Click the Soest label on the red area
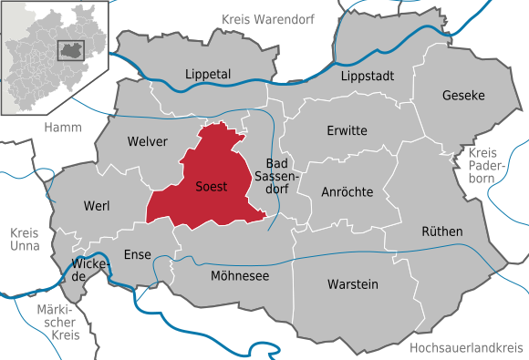point(212,187)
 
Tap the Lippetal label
point(207,74)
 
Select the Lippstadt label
point(368,76)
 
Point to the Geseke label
point(463,95)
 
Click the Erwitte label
point(347,130)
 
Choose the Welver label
point(149,141)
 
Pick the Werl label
point(96,206)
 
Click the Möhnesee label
point(240,275)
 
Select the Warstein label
point(353,284)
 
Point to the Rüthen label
point(442,231)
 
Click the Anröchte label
point(347,192)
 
